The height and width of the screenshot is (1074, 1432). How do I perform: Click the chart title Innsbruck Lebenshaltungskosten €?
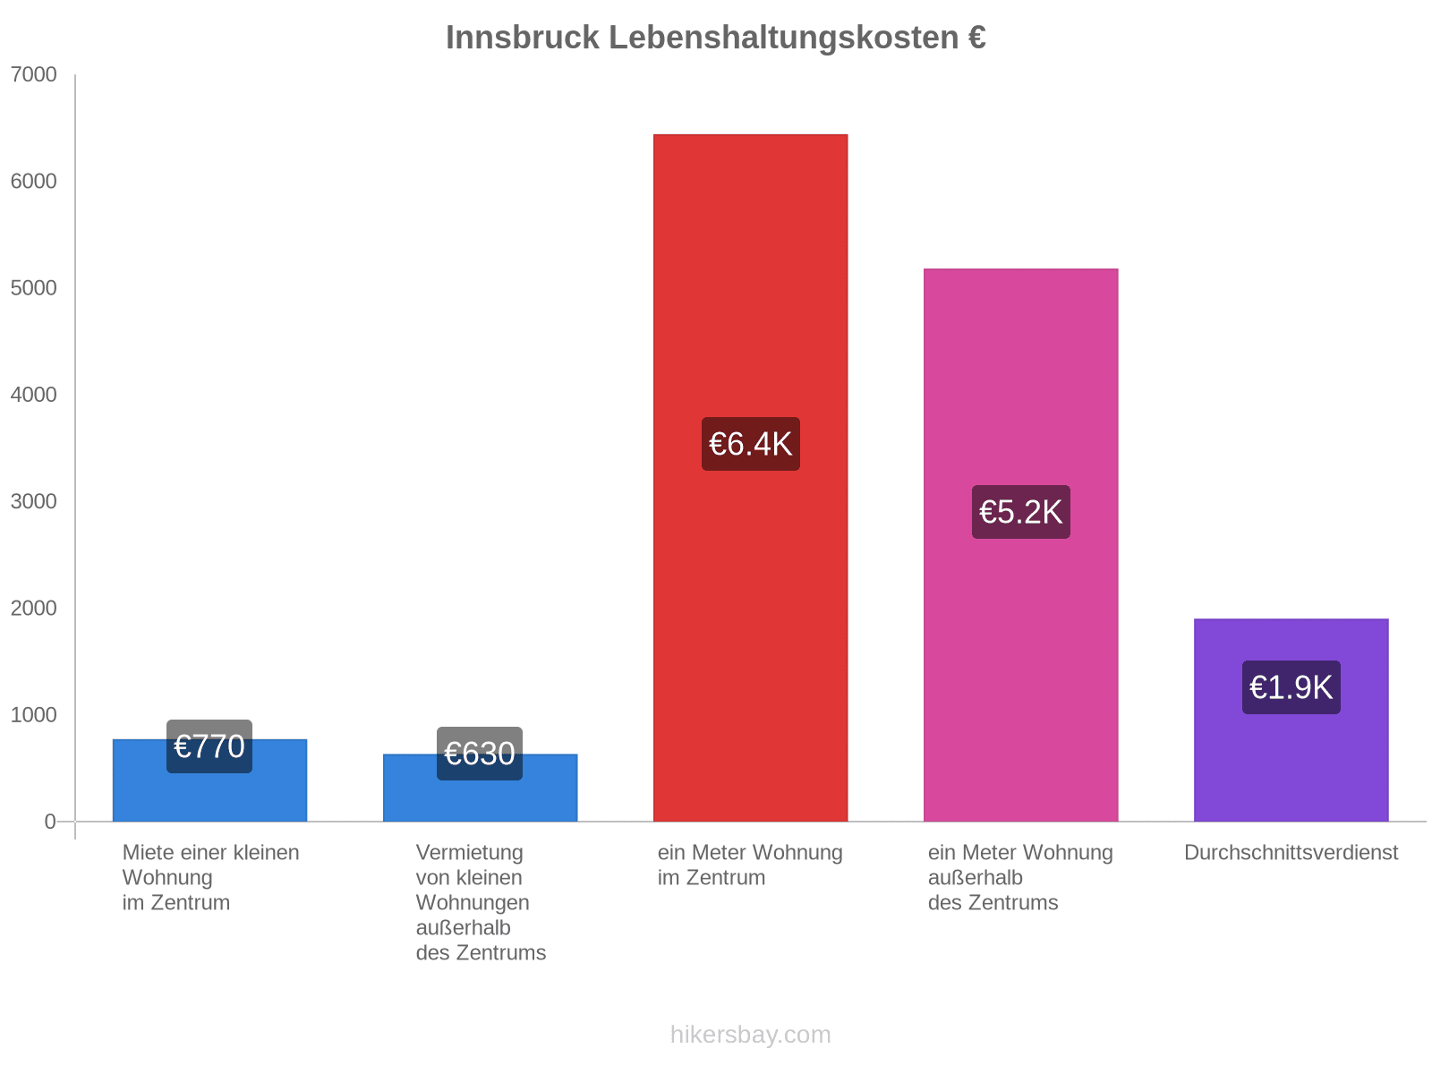(715, 38)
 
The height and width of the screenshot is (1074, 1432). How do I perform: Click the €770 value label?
(209, 746)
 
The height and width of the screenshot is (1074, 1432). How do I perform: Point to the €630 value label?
(480, 754)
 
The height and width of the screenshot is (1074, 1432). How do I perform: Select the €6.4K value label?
(750, 444)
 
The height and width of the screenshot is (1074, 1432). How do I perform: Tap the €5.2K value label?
(1020, 512)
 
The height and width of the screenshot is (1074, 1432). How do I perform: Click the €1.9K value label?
(1291, 687)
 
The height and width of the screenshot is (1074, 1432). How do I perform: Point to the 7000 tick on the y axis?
(34, 75)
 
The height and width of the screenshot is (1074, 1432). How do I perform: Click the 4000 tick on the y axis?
(34, 395)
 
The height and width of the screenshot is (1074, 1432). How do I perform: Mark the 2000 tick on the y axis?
(34, 609)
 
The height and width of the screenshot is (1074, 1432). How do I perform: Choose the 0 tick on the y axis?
(50, 822)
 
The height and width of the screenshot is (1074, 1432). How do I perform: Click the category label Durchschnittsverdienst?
(1291, 853)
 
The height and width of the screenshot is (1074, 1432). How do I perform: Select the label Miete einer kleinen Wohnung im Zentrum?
(210, 877)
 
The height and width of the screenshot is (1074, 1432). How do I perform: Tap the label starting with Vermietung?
(481, 902)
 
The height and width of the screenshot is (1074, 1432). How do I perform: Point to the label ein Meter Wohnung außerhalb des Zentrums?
(1020, 877)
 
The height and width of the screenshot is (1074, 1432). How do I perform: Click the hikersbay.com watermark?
(750, 1035)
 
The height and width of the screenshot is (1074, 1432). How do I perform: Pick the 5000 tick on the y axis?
(34, 288)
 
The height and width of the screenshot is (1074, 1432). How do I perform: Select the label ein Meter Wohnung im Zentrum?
(750, 865)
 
